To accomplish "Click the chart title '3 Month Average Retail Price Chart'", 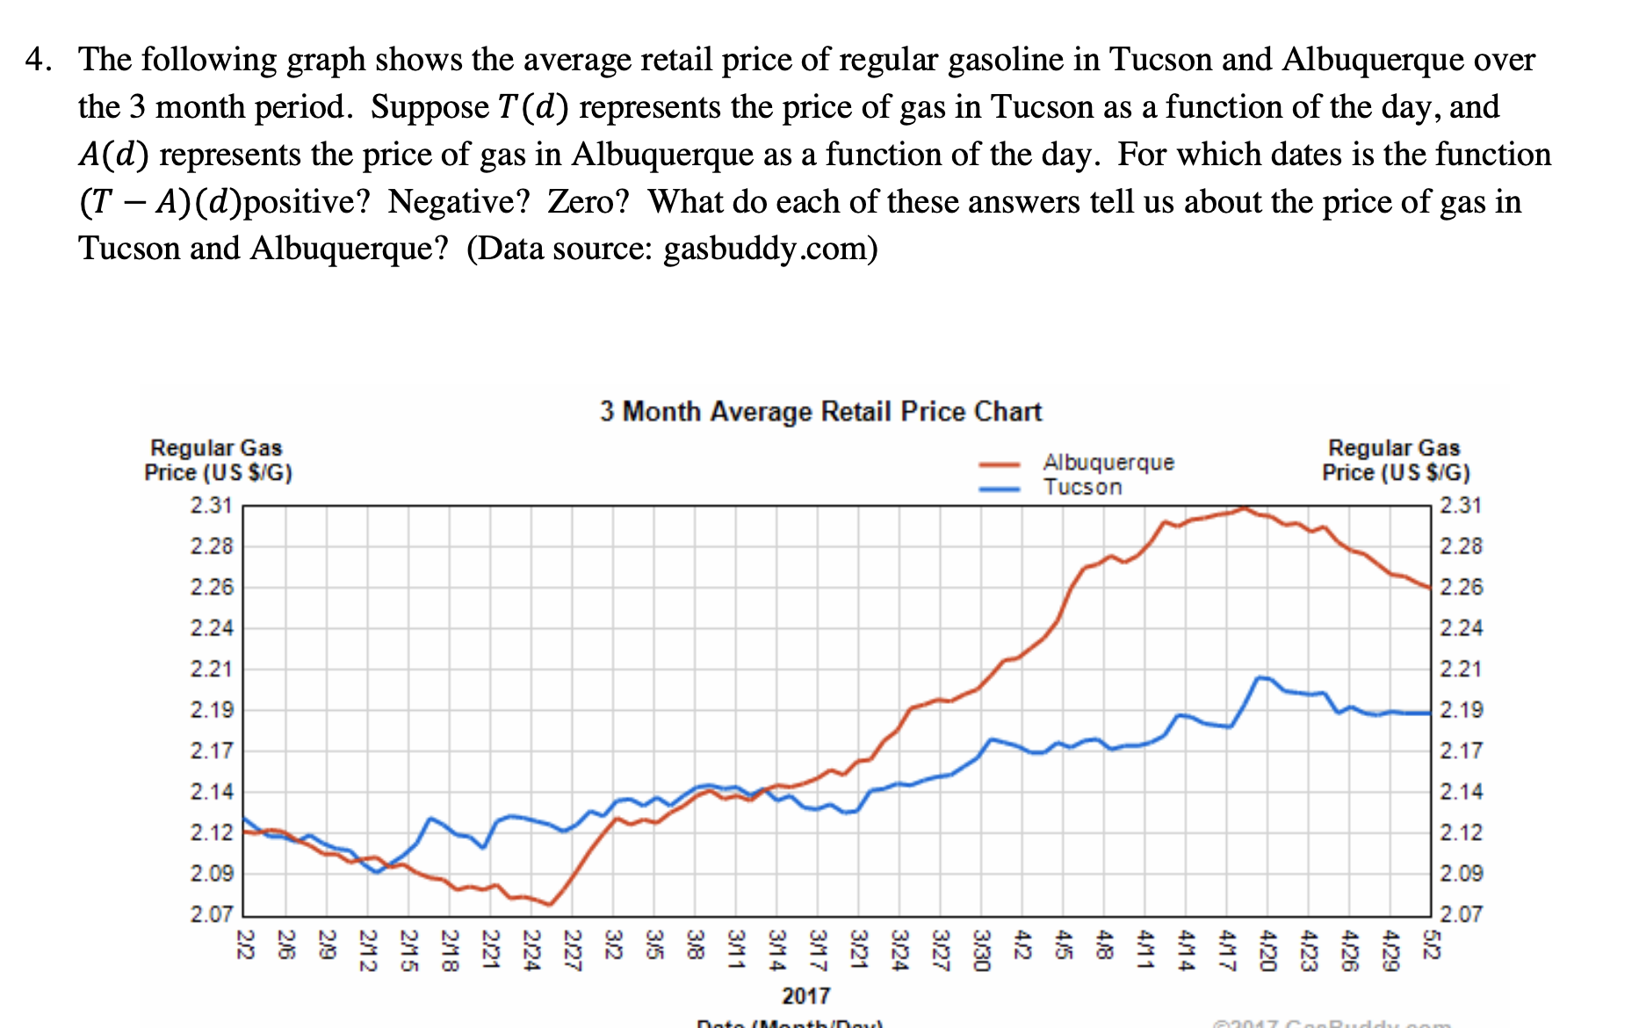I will (820, 411).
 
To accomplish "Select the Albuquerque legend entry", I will (1108, 462).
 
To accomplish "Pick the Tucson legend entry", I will (1082, 487).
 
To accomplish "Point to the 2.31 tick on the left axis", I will (212, 505).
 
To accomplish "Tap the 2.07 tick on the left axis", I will (212, 915).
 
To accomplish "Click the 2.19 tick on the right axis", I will (1462, 710).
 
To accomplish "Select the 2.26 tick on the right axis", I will (1462, 587).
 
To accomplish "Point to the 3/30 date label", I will (981, 949).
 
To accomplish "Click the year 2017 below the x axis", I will (805, 995).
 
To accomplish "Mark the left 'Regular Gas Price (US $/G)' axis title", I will (218, 460).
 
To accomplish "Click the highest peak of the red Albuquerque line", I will (1244, 508).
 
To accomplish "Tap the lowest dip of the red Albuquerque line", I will (549, 904).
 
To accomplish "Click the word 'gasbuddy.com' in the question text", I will (763, 249).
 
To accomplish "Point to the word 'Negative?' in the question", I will (459, 202).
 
